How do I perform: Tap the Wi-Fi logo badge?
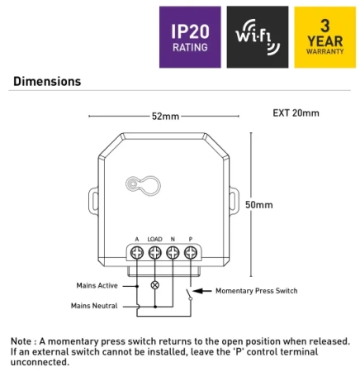pyautogui.click(x=258, y=36)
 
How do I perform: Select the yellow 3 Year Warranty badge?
pyautogui.click(x=325, y=36)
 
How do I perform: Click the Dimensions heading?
pyautogui.click(x=46, y=82)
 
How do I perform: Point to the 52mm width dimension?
pyautogui.click(x=164, y=116)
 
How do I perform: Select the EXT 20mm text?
pyautogui.click(x=296, y=113)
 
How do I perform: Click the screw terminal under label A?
pyautogui.click(x=136, y=252)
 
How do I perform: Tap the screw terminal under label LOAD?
pyautogui.click(x=154, y=252)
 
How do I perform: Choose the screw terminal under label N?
pyautogui.click(x=173, y=252)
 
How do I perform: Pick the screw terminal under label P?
pyautogui.click(x=191, y=252)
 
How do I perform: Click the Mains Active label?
pyautogui.click(x=97, y=285)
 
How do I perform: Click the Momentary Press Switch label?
pyautogui.click(x=256, y=291)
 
